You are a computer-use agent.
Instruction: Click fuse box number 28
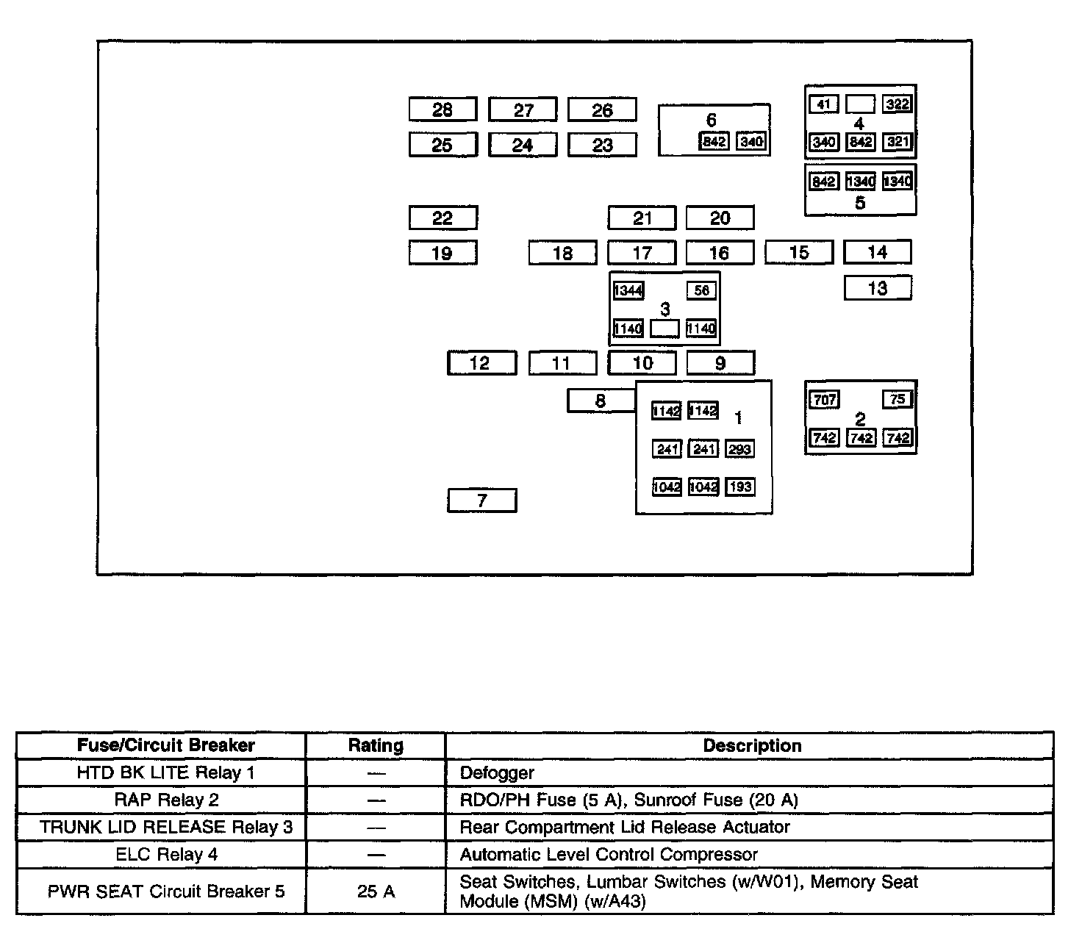click(x=443, y=110)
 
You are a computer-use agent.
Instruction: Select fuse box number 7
click(x=482, y=501)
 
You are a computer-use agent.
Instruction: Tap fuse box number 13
click(x=878, y=288)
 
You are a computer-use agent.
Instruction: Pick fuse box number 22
click(x=443, y=218)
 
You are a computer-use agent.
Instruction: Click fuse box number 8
click(x=601, y=401)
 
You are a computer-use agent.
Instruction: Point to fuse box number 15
click(x=799, y=252)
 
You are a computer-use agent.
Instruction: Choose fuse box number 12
click(x=480, y=363)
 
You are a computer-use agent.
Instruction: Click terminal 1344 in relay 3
click(x=628, y=291)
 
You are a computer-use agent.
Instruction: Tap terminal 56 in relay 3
click(x=701, y=291)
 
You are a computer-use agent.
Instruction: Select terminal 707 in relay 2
click(x=824, y=400)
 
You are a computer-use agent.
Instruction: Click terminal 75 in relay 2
click(x=898, y=399)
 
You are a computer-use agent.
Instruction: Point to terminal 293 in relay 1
click(x=740, y=449)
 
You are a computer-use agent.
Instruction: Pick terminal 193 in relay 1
click(x=740, y=487)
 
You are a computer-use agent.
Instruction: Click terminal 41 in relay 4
click(x=824, y=104)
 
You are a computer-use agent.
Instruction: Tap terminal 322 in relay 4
click(x=898, y=104)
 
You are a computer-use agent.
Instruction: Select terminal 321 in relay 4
click(x=898, y=142)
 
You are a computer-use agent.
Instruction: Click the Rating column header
click(x=376, y=746)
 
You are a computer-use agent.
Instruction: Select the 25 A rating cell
click(x=376, y=892)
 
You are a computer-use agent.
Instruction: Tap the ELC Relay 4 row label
click(x=167, y=855)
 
